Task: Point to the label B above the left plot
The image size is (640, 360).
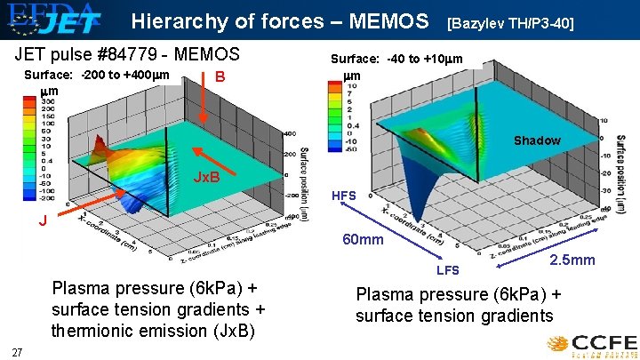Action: pos(220,76)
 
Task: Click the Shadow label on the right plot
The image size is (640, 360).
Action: pos(537,140)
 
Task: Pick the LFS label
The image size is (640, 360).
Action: pos(447,269)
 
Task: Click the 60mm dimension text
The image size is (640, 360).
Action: pos(364,240)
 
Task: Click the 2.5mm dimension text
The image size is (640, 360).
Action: pos(572,260)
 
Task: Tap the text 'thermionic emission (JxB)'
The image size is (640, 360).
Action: pos(153,331)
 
